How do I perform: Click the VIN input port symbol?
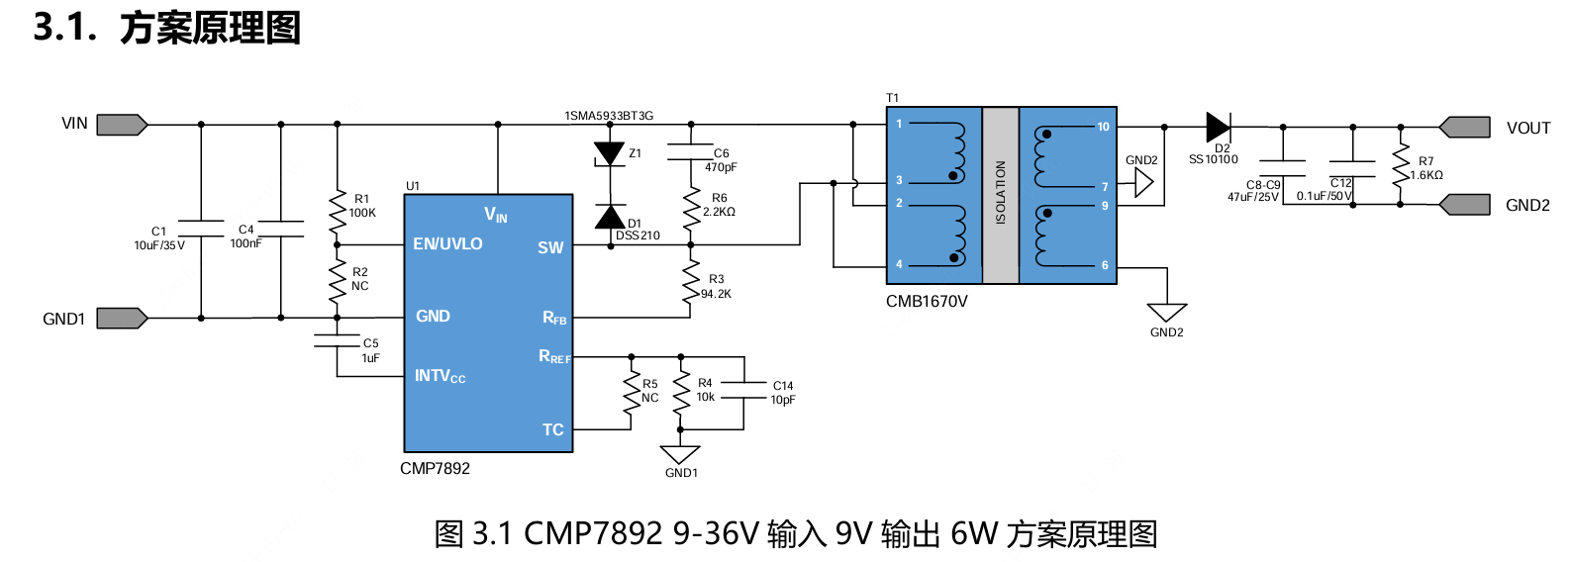(x=122, y=125)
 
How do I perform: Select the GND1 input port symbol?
(x=122, y=318)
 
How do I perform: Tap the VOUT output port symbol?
(x=1464, y=127)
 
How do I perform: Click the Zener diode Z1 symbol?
(x=609, y=154)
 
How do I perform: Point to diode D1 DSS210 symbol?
(x=609, y=217)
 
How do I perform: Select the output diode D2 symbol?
(x=1218, y=127)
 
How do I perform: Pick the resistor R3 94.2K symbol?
(x=691, y=282)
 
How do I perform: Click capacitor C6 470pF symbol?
(x=691, y=151)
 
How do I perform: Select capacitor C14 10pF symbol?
(x=743, y=390)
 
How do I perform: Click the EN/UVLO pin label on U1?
(x=447, y=243)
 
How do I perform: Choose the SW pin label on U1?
(x=550, y=247)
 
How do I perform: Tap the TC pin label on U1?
(x=552, y=429)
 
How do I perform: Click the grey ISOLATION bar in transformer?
(x=1000, y=195)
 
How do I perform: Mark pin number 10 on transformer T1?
(x=1103, y=127)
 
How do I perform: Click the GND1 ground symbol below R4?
(x=680, y=455)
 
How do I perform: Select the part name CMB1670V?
(x=927, y=302)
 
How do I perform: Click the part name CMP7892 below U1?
(x=435, y=469)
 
